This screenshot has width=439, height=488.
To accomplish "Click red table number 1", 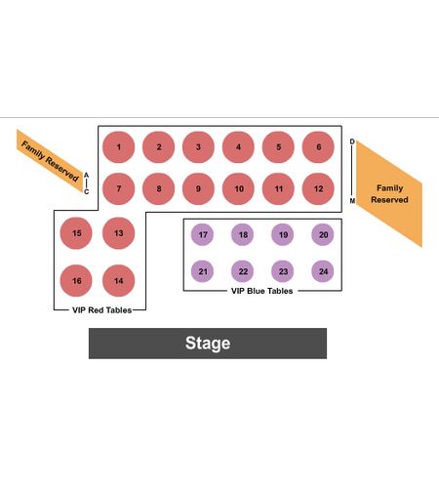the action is pos(118,147).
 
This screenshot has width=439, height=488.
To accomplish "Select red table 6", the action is pos(318,147).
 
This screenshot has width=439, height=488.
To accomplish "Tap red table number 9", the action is pos(198,188).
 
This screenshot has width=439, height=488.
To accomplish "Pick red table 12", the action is pos(318,188).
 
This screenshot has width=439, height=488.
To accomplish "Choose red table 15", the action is pos(76,233).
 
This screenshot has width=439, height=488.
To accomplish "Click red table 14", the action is pos(118,281).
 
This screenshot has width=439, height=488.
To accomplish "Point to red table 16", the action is pos(76,281).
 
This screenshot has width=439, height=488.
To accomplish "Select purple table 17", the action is pos(202,234).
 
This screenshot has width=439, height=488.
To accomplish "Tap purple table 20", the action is pos(323,234).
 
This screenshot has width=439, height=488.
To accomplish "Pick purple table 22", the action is pos(243,271).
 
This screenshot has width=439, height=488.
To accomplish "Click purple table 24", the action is pos(323,271).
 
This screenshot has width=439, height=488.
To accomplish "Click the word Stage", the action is pos(208,344).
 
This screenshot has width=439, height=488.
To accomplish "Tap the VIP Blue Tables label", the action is pos(261,291).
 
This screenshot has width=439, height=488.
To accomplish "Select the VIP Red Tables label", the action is pos(101,310).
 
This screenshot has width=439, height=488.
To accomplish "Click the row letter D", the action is pos(352,142).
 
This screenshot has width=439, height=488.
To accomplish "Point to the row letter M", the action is pos(352,201).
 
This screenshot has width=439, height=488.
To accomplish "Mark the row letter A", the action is pos(86,176).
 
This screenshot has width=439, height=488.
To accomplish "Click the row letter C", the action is pos(86,192).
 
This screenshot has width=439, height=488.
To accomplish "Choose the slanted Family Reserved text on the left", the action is pos(50,161).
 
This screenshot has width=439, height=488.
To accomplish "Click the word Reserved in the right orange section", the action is pos(389,200).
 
